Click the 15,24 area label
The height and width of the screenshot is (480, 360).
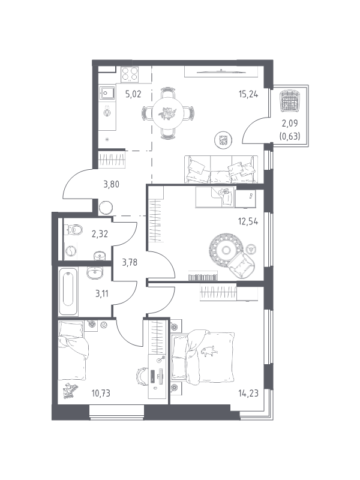click(248, 94)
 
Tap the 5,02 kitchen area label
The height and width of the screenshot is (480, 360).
click(133, 94)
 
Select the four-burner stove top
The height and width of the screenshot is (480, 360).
click(130, 74)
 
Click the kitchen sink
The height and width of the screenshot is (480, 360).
click(107, 92)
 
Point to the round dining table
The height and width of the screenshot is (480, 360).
click(168, 113)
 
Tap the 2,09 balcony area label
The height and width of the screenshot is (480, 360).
click(290, 124)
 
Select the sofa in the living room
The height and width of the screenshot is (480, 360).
click(221, 169)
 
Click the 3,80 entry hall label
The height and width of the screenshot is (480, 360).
click(111, 184)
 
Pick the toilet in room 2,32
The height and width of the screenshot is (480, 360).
click(74, 229)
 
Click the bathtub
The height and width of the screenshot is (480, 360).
click(68, 291)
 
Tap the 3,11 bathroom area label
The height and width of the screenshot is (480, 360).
click(101, 294)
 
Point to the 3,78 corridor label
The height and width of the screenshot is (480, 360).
click(130, 262)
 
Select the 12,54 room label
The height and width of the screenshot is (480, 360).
click(248, 221)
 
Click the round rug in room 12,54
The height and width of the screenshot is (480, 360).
click(226, 250)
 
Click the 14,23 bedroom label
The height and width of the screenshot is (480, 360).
click(248, 392)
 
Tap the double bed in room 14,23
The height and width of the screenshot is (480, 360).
click(203, 357)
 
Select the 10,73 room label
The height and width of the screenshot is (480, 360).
click(101, 393)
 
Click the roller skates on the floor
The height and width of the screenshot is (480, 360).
click(70, 391)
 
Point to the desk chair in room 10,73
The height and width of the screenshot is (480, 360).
click(142, 376)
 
